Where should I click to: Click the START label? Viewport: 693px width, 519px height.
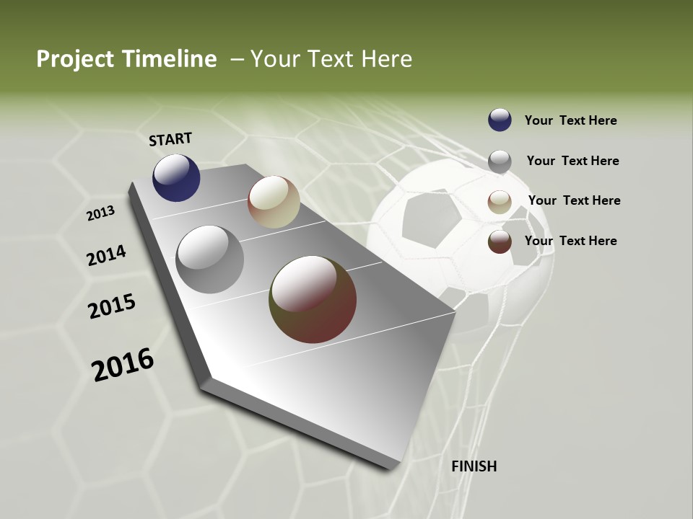(x=170, y=139)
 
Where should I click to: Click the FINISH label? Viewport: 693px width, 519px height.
(x=474, y=466)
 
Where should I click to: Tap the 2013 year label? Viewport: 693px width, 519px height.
(x=100, y=213)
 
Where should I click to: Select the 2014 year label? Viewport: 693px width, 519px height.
(x=106, y=255)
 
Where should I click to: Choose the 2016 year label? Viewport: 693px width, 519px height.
(x=123, y=365)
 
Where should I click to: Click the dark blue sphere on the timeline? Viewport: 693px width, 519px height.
(x=176, y=177)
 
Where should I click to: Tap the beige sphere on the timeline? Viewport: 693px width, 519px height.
(x=274, y=202)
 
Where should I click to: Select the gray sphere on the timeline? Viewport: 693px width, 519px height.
(x=210, y=259)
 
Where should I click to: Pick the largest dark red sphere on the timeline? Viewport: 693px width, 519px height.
(x=313, y=299)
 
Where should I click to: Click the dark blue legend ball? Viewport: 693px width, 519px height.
(x=500, y=120)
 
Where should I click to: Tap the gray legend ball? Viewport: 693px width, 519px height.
(x=500, y=161)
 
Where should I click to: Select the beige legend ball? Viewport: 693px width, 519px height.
(x=500, y=202)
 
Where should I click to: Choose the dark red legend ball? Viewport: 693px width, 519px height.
(x=500, y=242)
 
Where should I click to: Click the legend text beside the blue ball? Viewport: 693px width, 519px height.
(x=570, y=120)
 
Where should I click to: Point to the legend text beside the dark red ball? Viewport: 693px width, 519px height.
(x=570, y=241)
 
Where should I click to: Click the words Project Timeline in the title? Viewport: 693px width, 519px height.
(x=126, y=59)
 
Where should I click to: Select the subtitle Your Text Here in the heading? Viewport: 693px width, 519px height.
(x=331, y=59)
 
